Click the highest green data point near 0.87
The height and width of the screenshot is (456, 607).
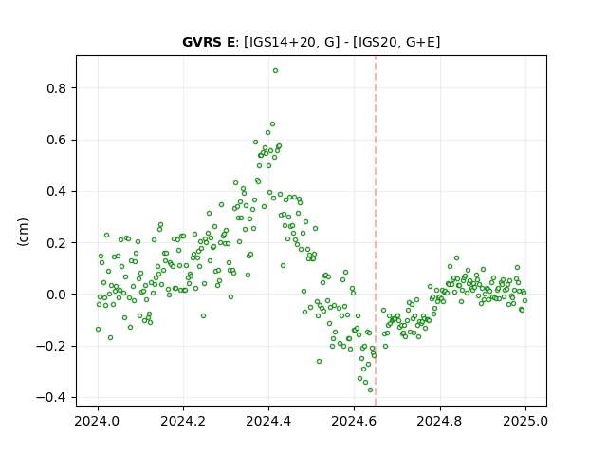tap(275, 71)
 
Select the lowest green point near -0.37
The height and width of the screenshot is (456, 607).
tap(370, 390)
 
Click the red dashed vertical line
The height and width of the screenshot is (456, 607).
tap(376, 231)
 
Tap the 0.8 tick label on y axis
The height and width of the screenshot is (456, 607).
tap(57, 88)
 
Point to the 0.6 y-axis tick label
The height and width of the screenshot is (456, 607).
tap(57, 140)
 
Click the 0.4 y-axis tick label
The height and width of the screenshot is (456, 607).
tap(57, 192)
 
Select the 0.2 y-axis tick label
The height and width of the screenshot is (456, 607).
tap(57, 243)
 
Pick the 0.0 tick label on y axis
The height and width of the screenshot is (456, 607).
tap(57, 294)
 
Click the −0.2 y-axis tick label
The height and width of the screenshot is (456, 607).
tap(51, 346)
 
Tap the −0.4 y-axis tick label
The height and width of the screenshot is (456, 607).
tap(51, 398)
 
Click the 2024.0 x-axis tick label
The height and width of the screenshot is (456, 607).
tap(98, 421)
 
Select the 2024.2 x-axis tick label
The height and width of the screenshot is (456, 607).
tap(183, 421)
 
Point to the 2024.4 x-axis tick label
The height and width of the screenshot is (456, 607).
tap(268, 421)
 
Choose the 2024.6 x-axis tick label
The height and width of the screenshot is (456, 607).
tap(354, 421)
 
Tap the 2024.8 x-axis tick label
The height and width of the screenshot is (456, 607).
tap(439, 421)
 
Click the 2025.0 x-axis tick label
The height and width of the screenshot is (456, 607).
tap(525, 421)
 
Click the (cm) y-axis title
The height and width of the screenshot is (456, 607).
tap(23, 232)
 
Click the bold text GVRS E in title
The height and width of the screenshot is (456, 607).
tap(209, 42)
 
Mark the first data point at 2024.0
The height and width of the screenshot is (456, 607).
tap(98, 330)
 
